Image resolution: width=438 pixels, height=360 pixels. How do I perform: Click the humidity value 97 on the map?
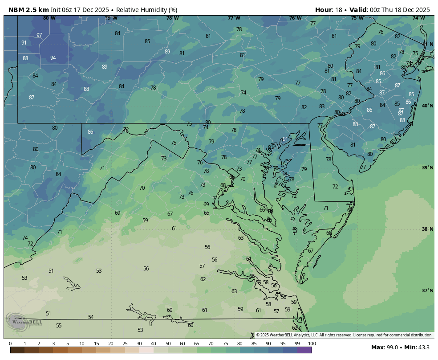tap(39, 35)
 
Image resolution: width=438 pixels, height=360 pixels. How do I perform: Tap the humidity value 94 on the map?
tap(53, 58)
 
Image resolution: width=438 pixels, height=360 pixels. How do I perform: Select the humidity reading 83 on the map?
tap(322, 106)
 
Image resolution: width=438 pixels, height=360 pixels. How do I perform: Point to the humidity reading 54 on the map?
tap(91, 317)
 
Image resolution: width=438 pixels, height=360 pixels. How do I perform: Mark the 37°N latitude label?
tap(427, 290)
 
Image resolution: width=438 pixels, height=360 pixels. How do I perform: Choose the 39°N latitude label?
tap(427, 168)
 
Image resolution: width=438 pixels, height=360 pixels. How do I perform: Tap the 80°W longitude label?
tap(49, 18)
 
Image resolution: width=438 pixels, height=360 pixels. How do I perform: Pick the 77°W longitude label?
tap(234, 18)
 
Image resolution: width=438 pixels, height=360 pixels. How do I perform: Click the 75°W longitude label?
tap(357, 18)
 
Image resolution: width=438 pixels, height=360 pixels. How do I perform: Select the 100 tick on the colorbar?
tap(312, 344)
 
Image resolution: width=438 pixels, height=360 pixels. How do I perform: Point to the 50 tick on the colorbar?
tap(168, 344)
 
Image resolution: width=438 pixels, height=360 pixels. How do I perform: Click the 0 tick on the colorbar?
tap(10, 344)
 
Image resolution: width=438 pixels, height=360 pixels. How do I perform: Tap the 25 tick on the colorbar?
tap(125, 344)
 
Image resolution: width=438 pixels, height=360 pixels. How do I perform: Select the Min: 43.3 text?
tap(419, 347)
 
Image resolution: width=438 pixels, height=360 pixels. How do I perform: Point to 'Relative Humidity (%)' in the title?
tap(147, 10)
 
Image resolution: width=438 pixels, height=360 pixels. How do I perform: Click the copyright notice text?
tap(344, 335)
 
